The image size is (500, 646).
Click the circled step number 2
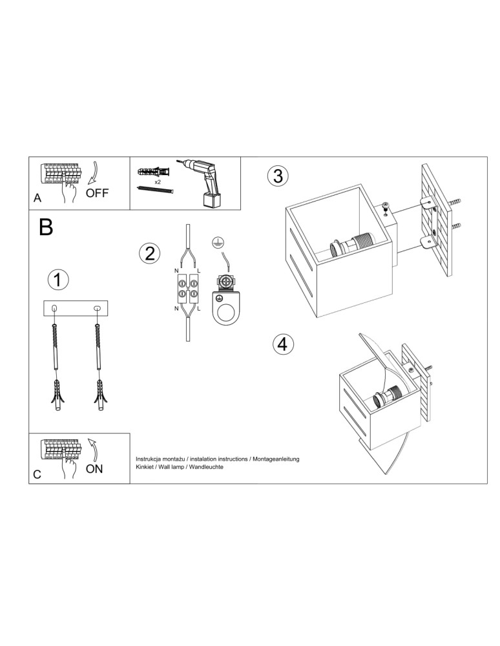pos(149,253)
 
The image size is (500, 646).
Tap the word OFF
pos(98,193)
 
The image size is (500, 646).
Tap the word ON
pos(94,469)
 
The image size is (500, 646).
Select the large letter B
pos(46,227)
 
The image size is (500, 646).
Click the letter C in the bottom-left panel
pos(37,475)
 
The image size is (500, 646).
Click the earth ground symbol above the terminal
pos(218,244)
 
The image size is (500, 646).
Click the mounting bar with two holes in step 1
pos(76,308)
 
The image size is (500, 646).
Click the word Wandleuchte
pos(204,466)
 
